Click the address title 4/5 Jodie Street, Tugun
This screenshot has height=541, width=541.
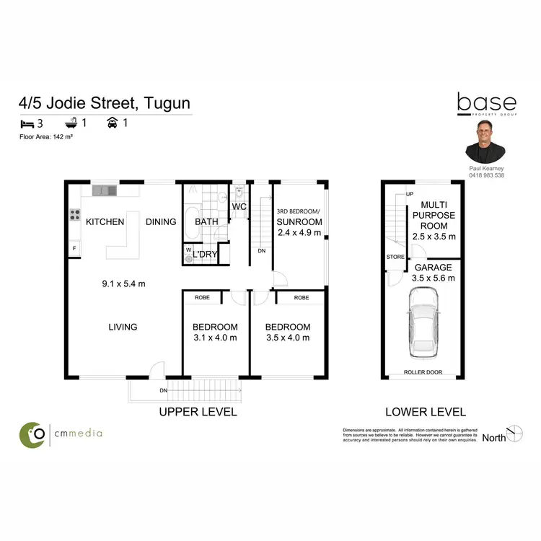coord(105,103)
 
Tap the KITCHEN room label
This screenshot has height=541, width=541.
coord(105,221)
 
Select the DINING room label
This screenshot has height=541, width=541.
coord(161,221)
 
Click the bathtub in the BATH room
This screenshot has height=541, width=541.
coord(191,224)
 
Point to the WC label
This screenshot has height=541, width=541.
coord(239,208)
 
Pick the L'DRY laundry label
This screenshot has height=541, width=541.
coord(205,255)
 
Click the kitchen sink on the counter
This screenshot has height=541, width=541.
coord(105,190)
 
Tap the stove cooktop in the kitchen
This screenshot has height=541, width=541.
coord(74,214)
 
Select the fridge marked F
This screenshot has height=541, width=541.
coord(74,249)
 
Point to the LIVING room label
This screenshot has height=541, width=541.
coord(123,327)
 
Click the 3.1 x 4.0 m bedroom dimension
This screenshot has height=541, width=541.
coord(215,338)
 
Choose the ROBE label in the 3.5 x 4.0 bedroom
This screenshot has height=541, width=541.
coord(302,297)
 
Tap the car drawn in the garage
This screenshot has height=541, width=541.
coord(423,323)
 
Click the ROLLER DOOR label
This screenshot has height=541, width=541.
coord(423,375)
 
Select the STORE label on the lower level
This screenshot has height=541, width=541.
coord(395,255)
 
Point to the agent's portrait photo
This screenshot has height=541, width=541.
coord(485,141)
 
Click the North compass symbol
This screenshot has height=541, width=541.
coord(515,434)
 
